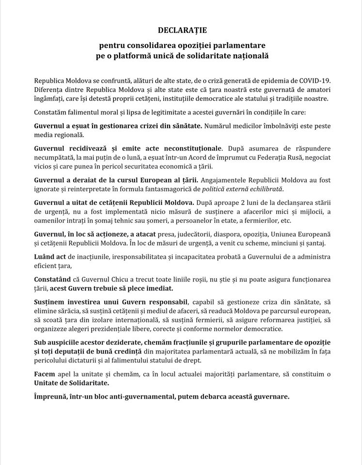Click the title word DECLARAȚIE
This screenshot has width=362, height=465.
(x=181, y=31)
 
